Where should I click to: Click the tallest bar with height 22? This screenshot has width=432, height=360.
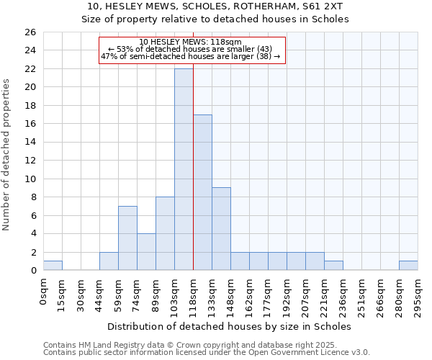[184, 169]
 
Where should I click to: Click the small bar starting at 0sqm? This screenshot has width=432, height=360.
[53, 266]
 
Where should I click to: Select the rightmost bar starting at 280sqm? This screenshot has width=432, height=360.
[408, 266]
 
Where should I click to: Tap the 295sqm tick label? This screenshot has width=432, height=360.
[418, 294]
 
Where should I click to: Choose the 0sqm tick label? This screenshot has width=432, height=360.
[44, 289]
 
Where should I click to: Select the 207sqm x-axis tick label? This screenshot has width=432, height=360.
[306, 294]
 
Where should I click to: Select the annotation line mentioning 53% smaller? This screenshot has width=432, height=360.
[190, 49]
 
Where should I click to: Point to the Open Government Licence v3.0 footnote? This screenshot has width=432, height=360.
[317, 352]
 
